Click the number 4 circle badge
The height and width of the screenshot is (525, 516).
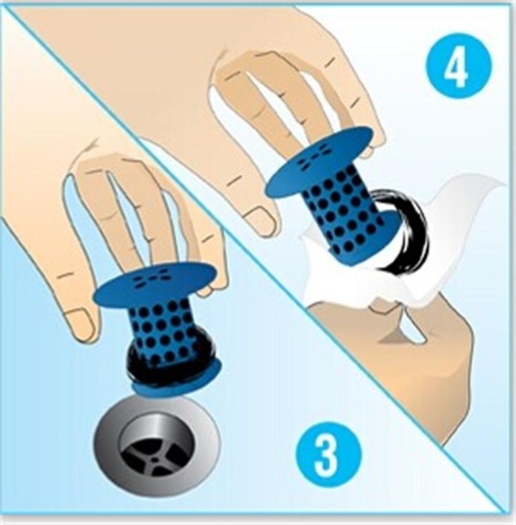click(459, 66)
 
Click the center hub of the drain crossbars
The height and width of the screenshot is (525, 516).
click(155, 460)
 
